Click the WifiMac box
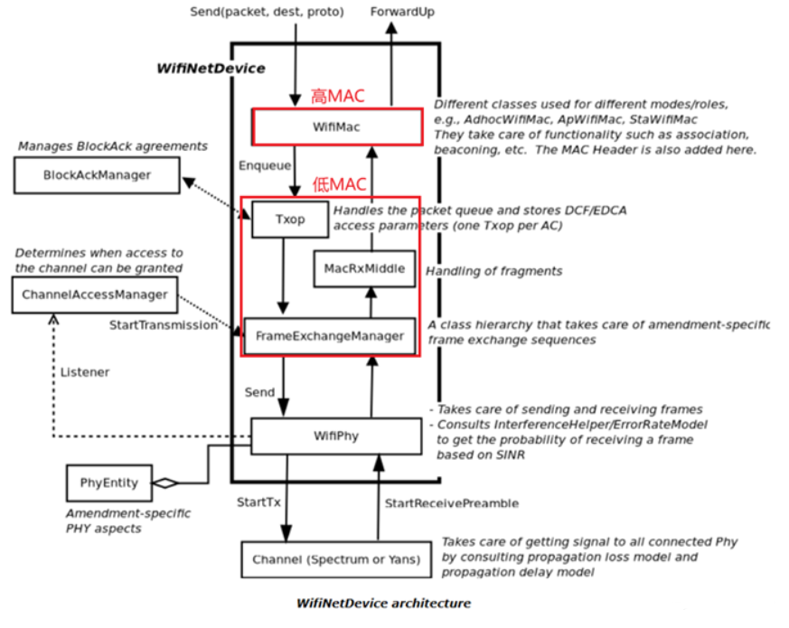coord(337,127)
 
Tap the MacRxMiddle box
coord(364,268)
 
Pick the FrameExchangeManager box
coord(330,336)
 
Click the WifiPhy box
coord(336,436)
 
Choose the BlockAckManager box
coord(97,174)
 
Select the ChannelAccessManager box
coord(95,295)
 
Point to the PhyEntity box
coord(108,483)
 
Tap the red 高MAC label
coord(337,97)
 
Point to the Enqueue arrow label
coord(265,166)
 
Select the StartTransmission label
coord(164,323)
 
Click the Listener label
coord(85,371)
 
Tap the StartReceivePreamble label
coord(451,502)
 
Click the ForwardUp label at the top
coord(403,11)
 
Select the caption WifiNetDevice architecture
coord(383,603)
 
